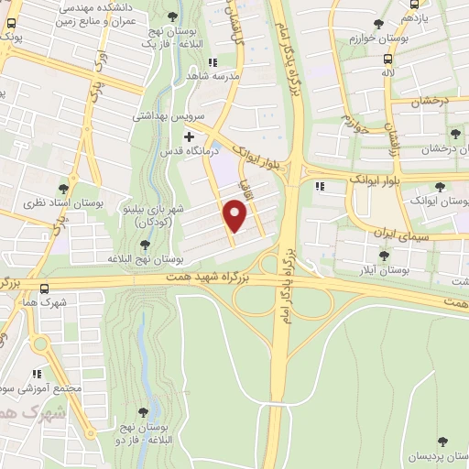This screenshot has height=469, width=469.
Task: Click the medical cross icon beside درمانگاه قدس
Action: pyautogui.click(x=189, y=136)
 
